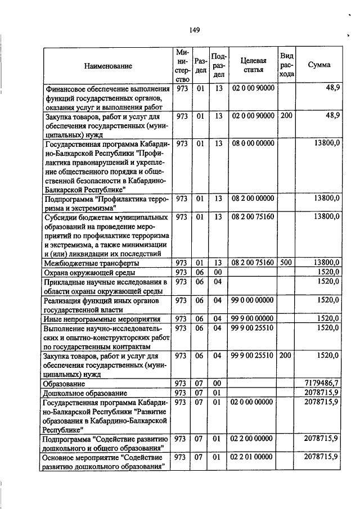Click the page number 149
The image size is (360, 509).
(195, 30)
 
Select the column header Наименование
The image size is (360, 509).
(108, 66)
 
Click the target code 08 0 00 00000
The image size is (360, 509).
(253, 143)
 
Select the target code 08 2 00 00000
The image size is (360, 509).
(253, 197)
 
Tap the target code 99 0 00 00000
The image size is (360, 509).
(253, 300)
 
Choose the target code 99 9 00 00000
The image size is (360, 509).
(253, 318)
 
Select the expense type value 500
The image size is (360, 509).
(286, 262)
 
